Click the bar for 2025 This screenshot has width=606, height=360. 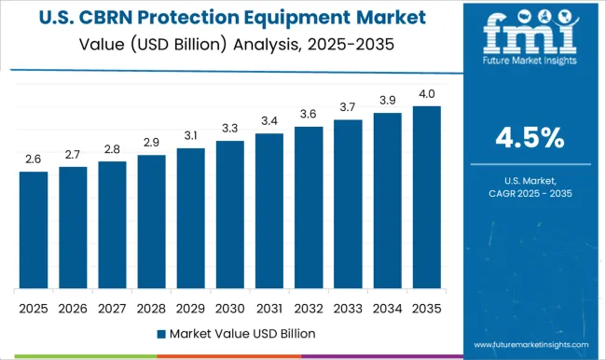(34, 230)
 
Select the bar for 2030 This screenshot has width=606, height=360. (230, 215)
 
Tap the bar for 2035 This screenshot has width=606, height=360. (427, 198)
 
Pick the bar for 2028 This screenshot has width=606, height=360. (151, 222)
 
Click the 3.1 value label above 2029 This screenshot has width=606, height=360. (190, 136)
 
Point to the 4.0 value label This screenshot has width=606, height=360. (427, 94)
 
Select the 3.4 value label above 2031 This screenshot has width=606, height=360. (269, 121)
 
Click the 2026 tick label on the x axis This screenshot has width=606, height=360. (73, 308)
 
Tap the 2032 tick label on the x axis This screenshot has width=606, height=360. (309, 308)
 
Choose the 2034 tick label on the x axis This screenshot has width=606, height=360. (387, 308)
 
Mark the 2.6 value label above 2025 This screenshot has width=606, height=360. (34, 159)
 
